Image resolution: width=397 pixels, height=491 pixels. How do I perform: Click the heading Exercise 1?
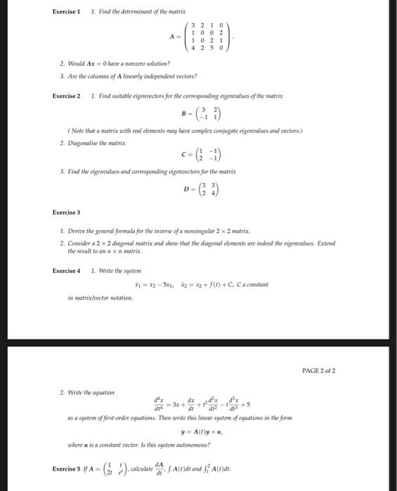click(67, 12)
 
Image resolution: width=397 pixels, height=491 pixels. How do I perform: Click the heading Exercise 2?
click(67, 95)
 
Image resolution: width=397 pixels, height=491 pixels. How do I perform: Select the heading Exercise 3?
click(67, 212)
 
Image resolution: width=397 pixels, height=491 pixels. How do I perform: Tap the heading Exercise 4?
click(67, 270)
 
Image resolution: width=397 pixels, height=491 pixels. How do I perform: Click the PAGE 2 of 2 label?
click(319, 370)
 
